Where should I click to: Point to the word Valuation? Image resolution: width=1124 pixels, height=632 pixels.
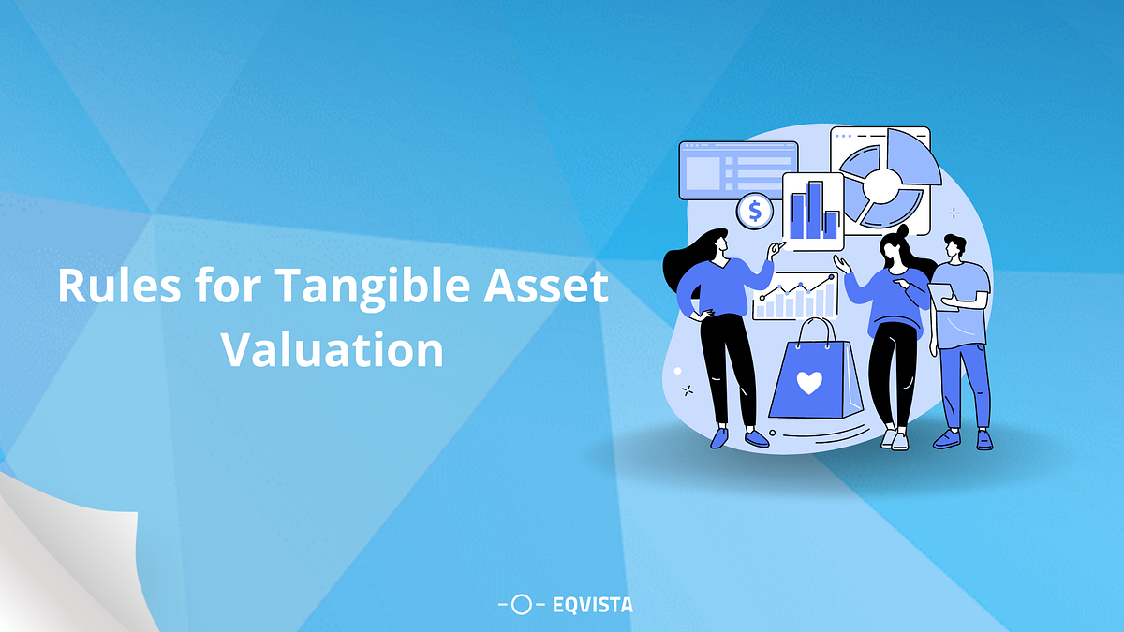pyautogui.click(x=332, y=349)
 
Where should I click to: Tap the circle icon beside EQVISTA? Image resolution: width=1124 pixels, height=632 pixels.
pyautogui.click(x=522, y=605)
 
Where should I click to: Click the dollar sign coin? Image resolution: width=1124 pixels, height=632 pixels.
pyautogui.click(x=754, y=212)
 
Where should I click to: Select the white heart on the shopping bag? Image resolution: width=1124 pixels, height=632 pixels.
pyautogui.click(x=809, y=383)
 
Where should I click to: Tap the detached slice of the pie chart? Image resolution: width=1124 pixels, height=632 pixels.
pyautogui.click(x=912, y=156)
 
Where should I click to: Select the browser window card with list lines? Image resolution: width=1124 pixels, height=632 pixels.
pyautogui.click(x=736, y=170)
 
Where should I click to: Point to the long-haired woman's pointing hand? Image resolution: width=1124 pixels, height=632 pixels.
pyautogui.click(x=776, y=249)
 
